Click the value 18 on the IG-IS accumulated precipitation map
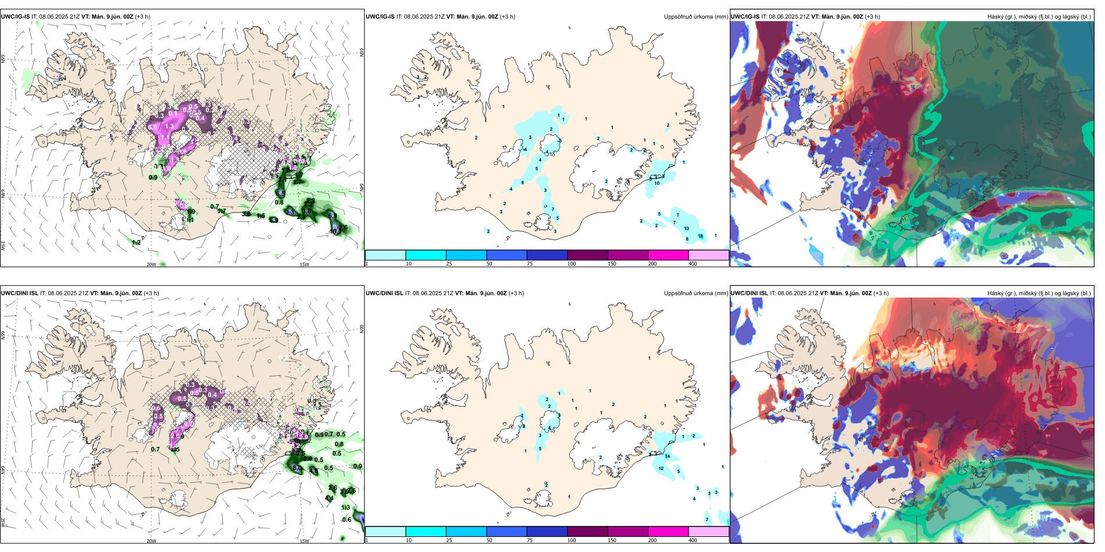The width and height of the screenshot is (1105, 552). point(700,236)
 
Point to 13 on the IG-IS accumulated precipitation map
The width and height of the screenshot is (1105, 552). point(686,229)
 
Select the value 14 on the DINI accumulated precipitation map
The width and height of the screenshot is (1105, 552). point(668,457)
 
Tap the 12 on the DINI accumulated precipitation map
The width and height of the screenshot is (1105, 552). point(661,468)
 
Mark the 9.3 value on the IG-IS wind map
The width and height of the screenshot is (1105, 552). point(290,213)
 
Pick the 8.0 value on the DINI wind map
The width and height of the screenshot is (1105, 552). point(297,468)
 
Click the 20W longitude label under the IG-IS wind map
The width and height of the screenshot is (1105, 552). point(151,264)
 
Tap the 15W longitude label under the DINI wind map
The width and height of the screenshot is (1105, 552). point(304,541)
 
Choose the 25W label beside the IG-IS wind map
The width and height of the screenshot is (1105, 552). point(3,246)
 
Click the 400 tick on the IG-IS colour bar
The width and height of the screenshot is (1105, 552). point(693,264)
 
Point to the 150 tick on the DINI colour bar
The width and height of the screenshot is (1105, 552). point(612,540)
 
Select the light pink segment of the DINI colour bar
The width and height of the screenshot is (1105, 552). point(708,531)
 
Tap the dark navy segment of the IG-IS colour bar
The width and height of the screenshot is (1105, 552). point(547,255)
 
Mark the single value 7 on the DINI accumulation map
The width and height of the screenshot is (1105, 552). point(707,519)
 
